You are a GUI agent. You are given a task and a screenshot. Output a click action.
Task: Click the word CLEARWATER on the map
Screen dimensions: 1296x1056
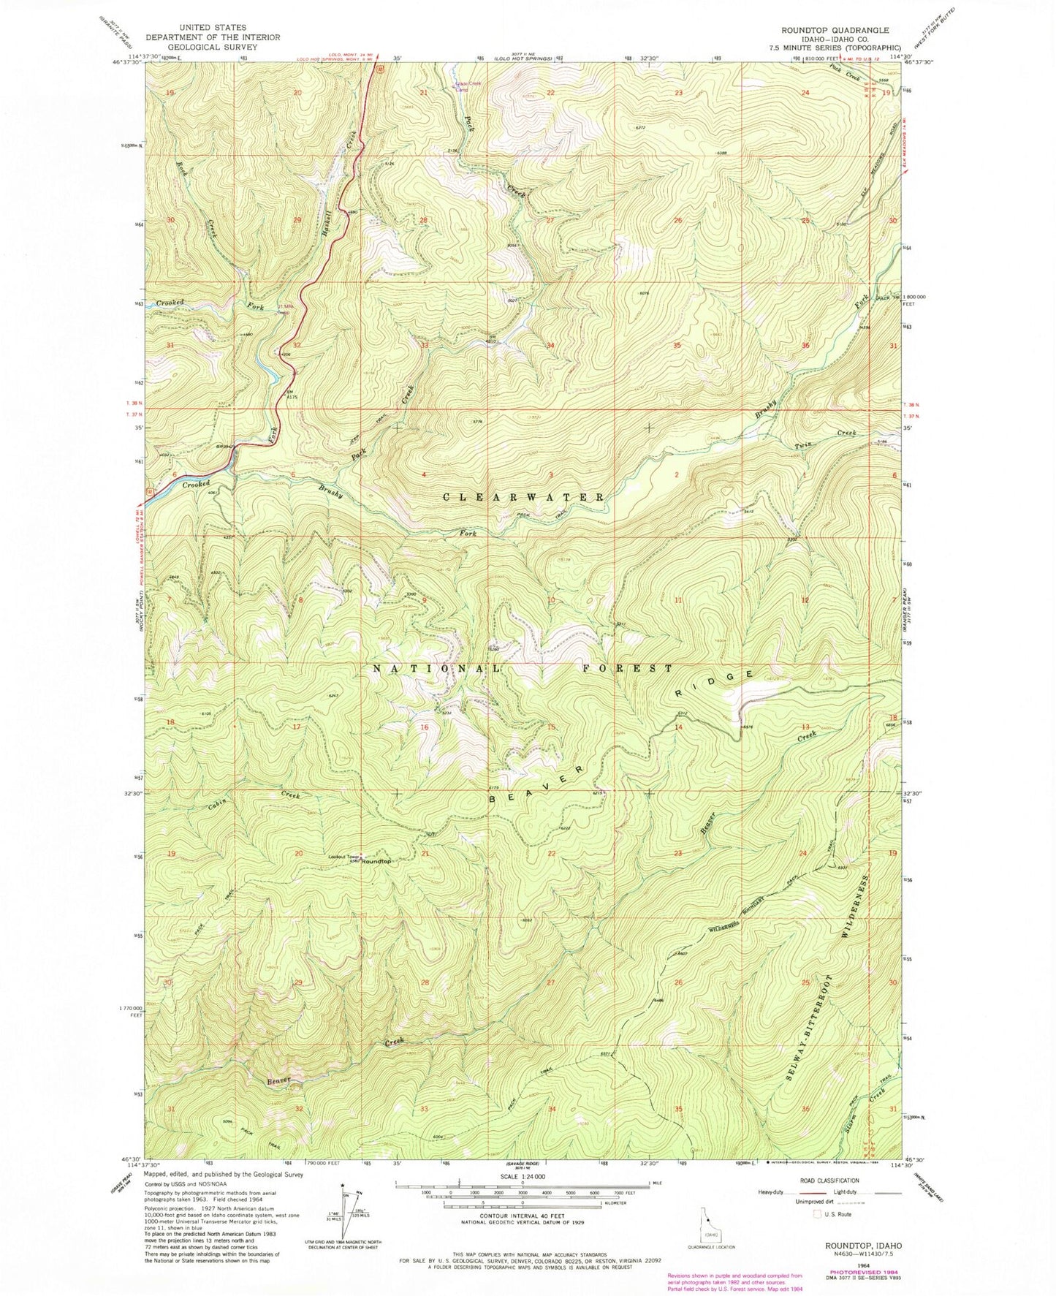(524, 497)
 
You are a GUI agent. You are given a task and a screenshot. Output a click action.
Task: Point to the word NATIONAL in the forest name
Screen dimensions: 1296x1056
(437, 669)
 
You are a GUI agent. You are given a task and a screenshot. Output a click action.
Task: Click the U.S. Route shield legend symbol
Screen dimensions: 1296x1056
(818, 1214)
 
